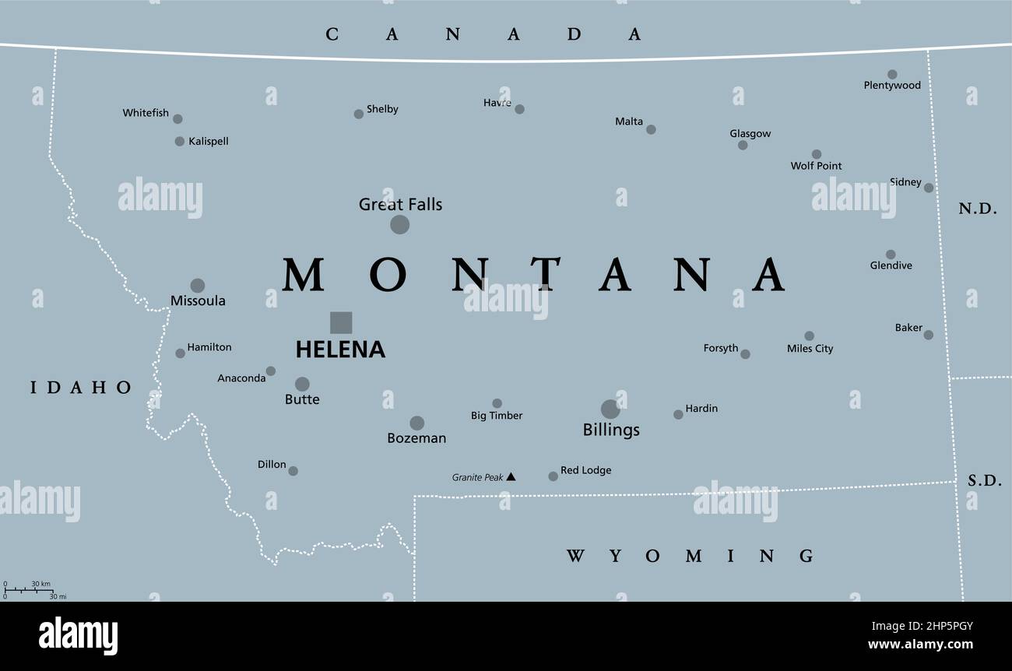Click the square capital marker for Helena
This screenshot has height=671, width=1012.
pyautogui.click(x=341, y=322)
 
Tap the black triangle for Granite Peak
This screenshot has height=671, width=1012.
pyautogui.click(x=511, y=476)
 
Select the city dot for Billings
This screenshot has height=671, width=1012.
pyautogui.click(x=610, y=409)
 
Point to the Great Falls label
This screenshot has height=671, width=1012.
pyautogui.click(x=400, y=205)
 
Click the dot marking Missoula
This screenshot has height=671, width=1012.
pyautogui.click(x=198, y=286)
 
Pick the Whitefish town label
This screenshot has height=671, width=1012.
pyautogui.click(x=146, y=113)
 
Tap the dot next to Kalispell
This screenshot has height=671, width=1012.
pyautogui.click(x=180, y=142)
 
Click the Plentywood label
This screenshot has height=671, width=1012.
pyautogui.click(x=892, y=86)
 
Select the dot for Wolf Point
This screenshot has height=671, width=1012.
pyautogui.click(x=816, y=154)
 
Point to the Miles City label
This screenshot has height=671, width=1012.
pyautogui.click(x=810, y=349)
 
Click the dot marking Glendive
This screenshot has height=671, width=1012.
pyautogui.click(x=890, y=255)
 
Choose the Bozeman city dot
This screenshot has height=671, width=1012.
pyautogui.click(x=417, y=423)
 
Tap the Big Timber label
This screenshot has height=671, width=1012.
pyautogui.click(x=497, y=416)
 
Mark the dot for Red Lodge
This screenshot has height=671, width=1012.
pyautogui.click(x=553, y=476)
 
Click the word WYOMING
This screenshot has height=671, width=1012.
pyautogui.click(x=690, y=556)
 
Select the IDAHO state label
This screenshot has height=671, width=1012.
pyautogui.click(x=81, y=387)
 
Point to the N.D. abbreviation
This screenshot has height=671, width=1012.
pyautogui.click(x=978, y=209)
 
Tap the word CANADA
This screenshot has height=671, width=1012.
pyautogui.click(x=483, y=34)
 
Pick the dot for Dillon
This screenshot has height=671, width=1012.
pyautogui.click(x=293, y=471)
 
